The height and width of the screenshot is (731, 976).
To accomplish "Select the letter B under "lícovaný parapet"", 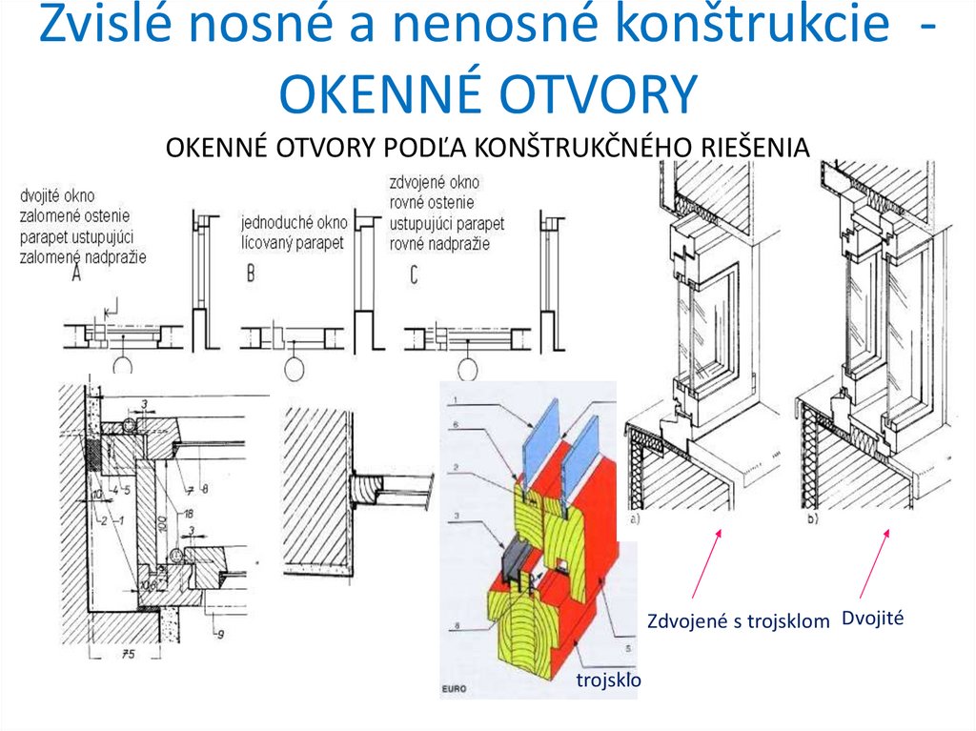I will pos(251,275).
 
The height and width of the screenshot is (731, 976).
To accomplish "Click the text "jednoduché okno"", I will pos(294,223).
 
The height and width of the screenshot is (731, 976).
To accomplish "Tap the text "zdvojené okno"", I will pos(434,181).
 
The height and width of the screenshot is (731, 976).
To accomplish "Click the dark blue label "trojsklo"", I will pos(609,680).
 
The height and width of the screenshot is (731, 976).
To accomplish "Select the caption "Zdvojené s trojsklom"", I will pos(738,621).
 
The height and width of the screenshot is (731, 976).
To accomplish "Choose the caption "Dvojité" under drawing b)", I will pos(871,619).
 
